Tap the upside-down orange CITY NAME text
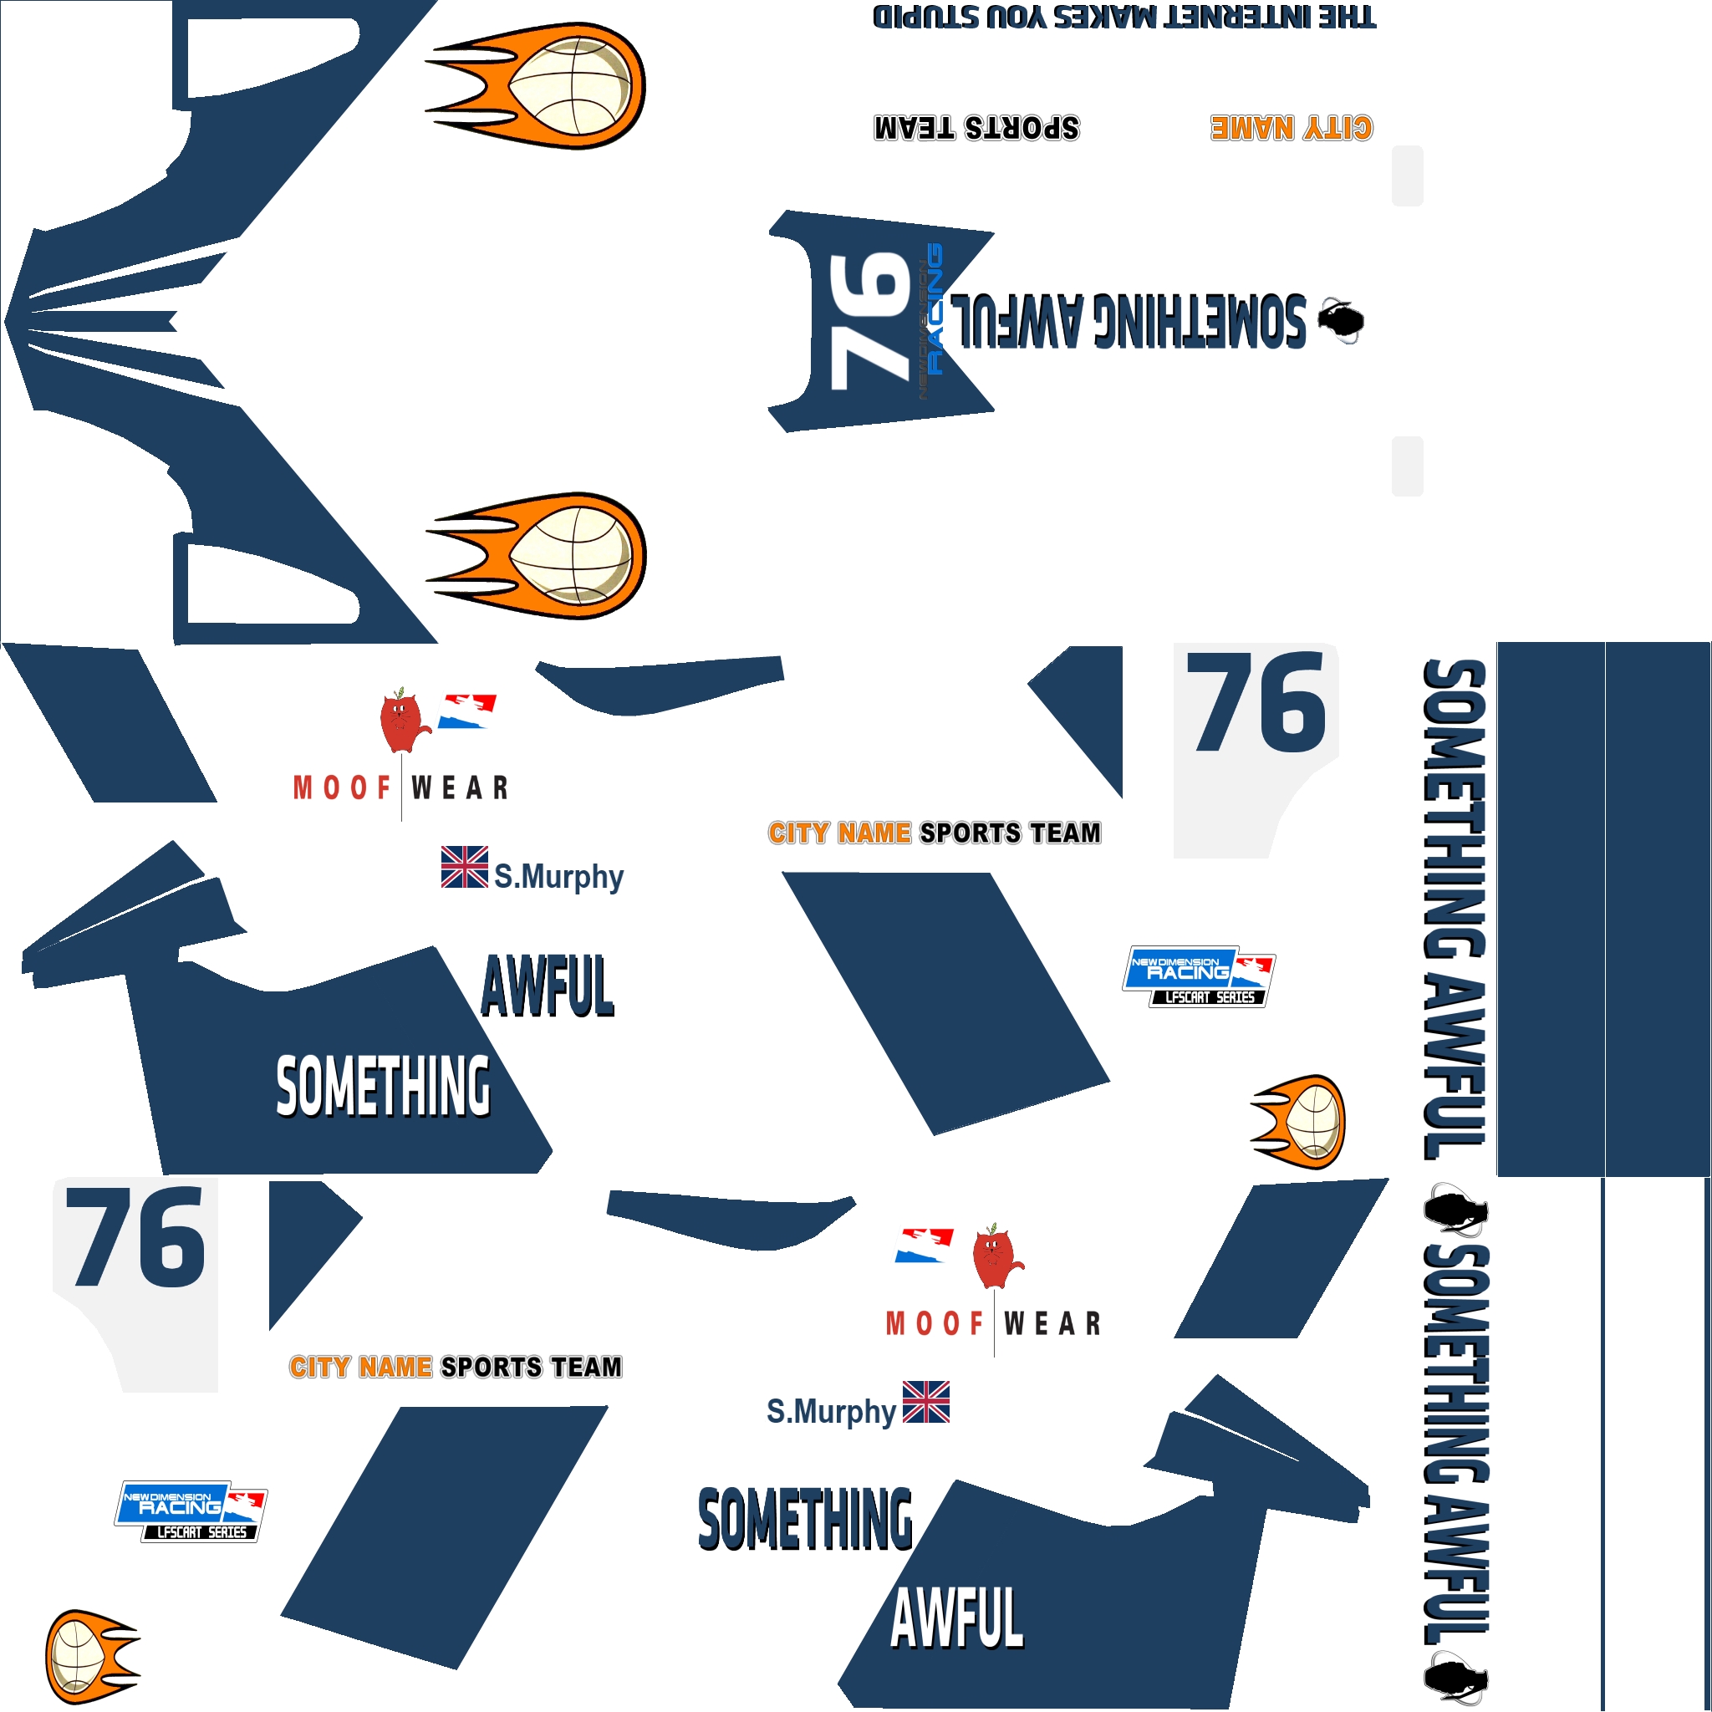1291,129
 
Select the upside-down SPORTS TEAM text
976,129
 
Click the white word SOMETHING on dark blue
383,1087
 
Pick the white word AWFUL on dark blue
957,1618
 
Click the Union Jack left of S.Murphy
464,868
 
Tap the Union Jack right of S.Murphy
926,1402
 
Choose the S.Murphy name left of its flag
830,1411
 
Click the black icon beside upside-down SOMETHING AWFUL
1341,320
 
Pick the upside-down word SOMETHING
1199,320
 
